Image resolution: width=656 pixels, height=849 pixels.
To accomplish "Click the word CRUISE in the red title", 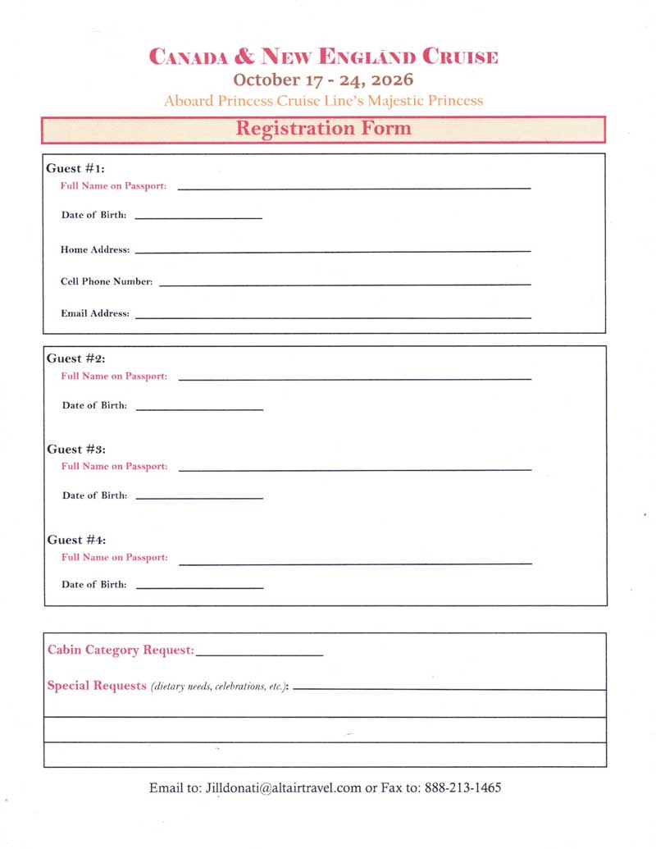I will [x=460, y=57].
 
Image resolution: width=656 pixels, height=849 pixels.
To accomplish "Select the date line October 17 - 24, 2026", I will [x=323, y=80].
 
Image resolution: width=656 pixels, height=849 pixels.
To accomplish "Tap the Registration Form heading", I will [x=323, y=129].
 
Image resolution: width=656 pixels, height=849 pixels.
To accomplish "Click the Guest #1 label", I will [x=75, y=168].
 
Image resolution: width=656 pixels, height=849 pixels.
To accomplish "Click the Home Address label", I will [x=95, y=249].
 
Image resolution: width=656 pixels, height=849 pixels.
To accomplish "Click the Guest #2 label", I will [x=76, y=358].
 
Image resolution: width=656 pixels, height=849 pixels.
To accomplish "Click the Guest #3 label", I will [x=76, y=450].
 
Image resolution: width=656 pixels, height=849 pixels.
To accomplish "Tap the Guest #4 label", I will [x=76, y=540].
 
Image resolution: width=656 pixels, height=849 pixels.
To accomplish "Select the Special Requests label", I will [x=97, y=686].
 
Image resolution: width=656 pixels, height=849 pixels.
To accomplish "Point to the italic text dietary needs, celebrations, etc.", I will [x=218, y=687].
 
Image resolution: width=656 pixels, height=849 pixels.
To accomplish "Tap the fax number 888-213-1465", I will [x=463, y=787].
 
